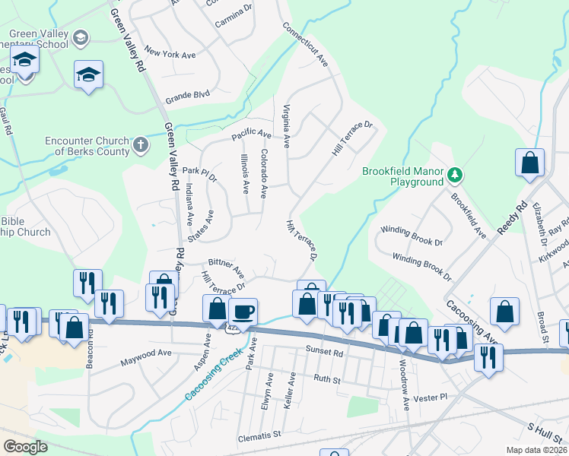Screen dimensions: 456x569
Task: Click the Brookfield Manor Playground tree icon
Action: point(455,176)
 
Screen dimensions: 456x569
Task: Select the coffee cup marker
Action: point(243,311)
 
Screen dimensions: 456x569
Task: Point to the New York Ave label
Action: point(170,54)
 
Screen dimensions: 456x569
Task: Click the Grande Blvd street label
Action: point(187,97)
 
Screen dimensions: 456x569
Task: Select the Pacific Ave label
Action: point(252,135)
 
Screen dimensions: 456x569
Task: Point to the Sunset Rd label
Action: point(326,353)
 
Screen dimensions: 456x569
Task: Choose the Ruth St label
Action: point(326,377)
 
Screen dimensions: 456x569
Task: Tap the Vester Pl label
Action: point(430,397)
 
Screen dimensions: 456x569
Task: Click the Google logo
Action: point(25,446)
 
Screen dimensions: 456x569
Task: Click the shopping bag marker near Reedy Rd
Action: point(529,162)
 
